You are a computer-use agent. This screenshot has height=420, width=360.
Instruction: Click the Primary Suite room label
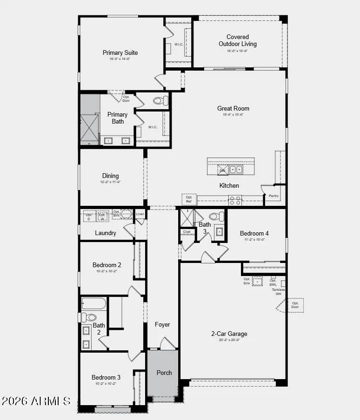(x=120, y=52)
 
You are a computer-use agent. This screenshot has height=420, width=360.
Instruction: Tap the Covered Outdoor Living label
(x=238, y=40)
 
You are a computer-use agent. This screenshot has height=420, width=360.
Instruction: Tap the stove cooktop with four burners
(x=235, y=200)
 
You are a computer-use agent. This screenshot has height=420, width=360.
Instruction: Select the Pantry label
(x=273, y=196)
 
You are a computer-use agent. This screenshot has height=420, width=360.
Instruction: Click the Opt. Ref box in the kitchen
(x=189, y=199)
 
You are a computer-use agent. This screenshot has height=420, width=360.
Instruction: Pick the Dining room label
(x=111, y=176)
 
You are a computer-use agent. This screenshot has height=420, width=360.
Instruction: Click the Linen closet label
(x=140, y=214)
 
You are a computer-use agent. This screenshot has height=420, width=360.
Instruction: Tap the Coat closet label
(x=187, y=231)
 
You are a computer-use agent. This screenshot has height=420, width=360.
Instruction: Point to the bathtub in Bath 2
(x=93, y=304)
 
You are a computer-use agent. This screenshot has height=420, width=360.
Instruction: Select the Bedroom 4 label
(x=254, y=233)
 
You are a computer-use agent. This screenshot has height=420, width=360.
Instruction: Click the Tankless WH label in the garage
(x=279, y=291)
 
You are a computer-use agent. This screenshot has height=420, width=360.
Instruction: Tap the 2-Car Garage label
(x=229, y=334)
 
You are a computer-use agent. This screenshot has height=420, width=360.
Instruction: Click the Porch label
(x=164, y=372)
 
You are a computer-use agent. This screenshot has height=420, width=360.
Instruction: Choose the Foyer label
(x=162, y=324)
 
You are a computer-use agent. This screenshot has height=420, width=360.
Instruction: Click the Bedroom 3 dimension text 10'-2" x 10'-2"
(x=106, y=383)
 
